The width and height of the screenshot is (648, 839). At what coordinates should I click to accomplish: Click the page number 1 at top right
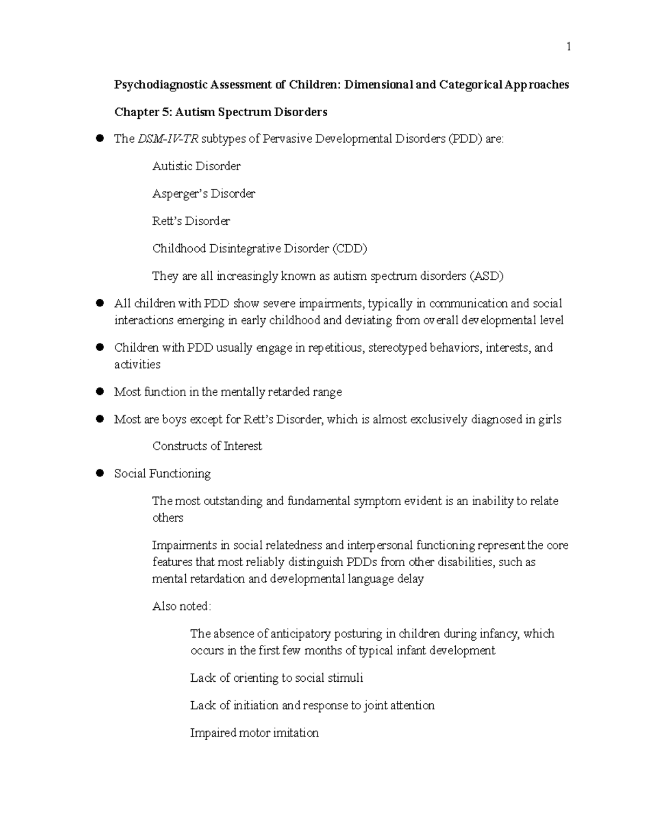pos(568,47)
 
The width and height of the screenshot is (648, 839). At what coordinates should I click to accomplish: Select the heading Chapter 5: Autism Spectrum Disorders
pos(220,112)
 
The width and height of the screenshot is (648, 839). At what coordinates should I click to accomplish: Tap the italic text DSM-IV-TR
pos(168,139)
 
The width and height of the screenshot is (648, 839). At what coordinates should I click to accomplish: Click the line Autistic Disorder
pos(196,166)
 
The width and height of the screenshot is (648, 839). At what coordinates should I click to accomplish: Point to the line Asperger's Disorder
pos(204,194)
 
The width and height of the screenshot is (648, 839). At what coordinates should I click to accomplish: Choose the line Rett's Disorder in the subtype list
pos(191,222)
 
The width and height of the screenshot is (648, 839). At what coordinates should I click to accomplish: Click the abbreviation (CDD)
pos(349,249)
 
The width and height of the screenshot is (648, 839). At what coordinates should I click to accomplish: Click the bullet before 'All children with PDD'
pos(99,304)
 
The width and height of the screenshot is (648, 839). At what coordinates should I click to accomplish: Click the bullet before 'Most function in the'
pos(99,392)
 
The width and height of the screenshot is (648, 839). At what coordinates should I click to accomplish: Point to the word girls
pos(550,420)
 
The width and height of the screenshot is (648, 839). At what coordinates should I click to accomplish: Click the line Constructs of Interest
pos(207,446)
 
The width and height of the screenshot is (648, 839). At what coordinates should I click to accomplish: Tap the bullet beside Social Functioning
pos(99,474)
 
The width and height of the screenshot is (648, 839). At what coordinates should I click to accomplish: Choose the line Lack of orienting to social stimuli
pos(276,678)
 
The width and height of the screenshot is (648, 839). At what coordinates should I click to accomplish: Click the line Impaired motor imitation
pos(254,733)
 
